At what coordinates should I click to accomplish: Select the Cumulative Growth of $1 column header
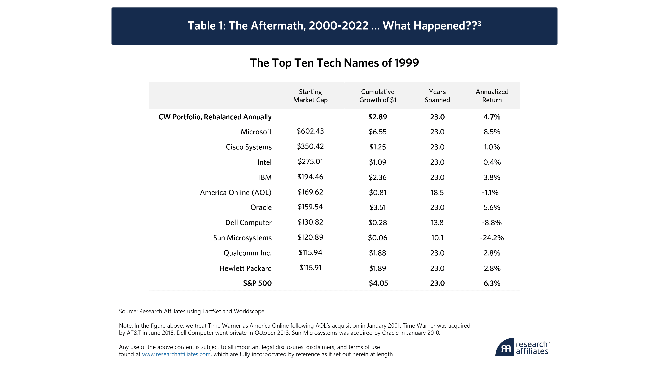pos(378,96)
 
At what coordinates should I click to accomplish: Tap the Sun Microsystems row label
pos(242,238)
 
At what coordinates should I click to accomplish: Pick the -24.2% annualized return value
pos(492,238)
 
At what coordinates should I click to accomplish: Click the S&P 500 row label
pos(257,283)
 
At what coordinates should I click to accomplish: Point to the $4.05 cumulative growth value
pos(378,283)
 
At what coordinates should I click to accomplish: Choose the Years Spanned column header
pos(437,96)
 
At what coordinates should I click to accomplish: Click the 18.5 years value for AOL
pos(437,193)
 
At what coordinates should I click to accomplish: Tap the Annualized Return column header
pos(492,96)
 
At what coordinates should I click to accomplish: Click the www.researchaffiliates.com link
pos(176,354)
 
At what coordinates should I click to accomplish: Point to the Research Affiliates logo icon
pos(504,347)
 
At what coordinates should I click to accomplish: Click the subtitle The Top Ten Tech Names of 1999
pos(334,63)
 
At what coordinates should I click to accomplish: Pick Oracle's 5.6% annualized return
pos(492,208)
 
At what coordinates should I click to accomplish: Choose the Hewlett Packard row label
pos(245,268)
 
